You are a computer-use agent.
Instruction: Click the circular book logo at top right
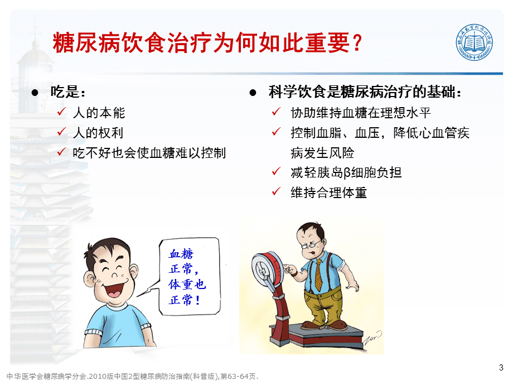(475, 42)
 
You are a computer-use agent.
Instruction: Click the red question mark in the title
(357, 42)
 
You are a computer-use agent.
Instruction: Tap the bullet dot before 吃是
(35, 93)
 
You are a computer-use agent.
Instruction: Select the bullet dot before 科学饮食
(253, 93)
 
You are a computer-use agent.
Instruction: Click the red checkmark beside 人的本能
(61, 112)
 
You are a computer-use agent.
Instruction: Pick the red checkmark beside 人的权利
(61, 132)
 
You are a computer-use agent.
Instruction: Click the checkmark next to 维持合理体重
(276, 191)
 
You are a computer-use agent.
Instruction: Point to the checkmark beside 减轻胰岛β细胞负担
(276, 171)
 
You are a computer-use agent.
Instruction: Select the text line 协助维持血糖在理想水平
(361, 113)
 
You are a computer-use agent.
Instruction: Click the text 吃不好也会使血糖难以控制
(149, 153)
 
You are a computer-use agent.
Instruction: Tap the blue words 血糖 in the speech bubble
(181, 254)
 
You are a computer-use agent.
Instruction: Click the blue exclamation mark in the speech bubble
(197, 300)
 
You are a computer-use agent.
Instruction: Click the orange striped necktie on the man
(318, 275)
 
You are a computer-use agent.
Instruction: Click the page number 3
(501, 367)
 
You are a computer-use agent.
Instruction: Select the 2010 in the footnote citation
(98, 377)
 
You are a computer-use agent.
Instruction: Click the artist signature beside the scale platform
(372, 339)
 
